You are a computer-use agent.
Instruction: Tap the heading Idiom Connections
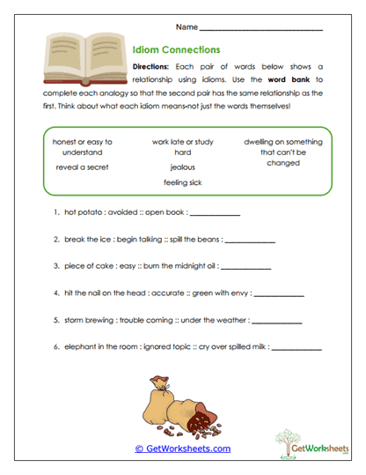(x=175, y=50)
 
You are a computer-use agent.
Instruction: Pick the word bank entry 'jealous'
(x=183, y=167)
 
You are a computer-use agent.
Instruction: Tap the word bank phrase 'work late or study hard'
(x=183, y=146)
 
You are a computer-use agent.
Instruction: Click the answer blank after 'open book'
(x=214, y=213)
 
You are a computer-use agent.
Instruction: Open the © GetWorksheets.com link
(x=182, y=449)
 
